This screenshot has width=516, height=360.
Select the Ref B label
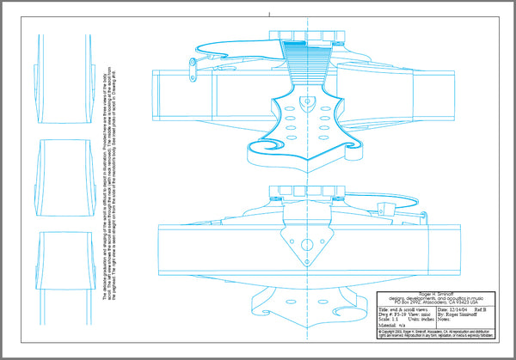[480, 310]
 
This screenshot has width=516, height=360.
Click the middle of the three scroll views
[64, 171]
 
